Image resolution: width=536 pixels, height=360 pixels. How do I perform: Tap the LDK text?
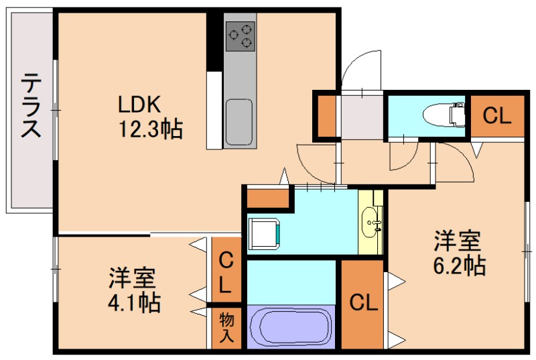(139, 105)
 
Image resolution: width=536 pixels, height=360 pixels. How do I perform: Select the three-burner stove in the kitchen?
(240, 36)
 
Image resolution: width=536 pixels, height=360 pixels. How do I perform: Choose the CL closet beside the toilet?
(496, 117)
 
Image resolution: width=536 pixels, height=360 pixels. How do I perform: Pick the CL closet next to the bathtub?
(363, 303)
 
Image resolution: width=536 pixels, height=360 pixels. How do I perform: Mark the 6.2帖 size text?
(459, 265)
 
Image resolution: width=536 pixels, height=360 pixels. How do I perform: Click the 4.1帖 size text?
(133, 302)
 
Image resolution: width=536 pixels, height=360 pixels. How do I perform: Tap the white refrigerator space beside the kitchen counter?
(214, 110)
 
